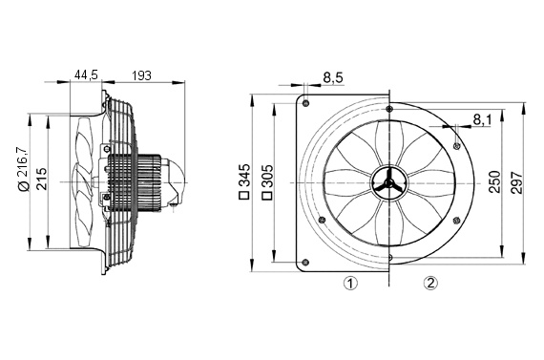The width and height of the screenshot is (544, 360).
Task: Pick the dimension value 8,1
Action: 483,119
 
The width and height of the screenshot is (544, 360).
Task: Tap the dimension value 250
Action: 493,181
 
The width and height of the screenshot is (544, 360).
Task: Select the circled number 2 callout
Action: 430,283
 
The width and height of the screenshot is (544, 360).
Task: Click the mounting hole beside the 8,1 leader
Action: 459,143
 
